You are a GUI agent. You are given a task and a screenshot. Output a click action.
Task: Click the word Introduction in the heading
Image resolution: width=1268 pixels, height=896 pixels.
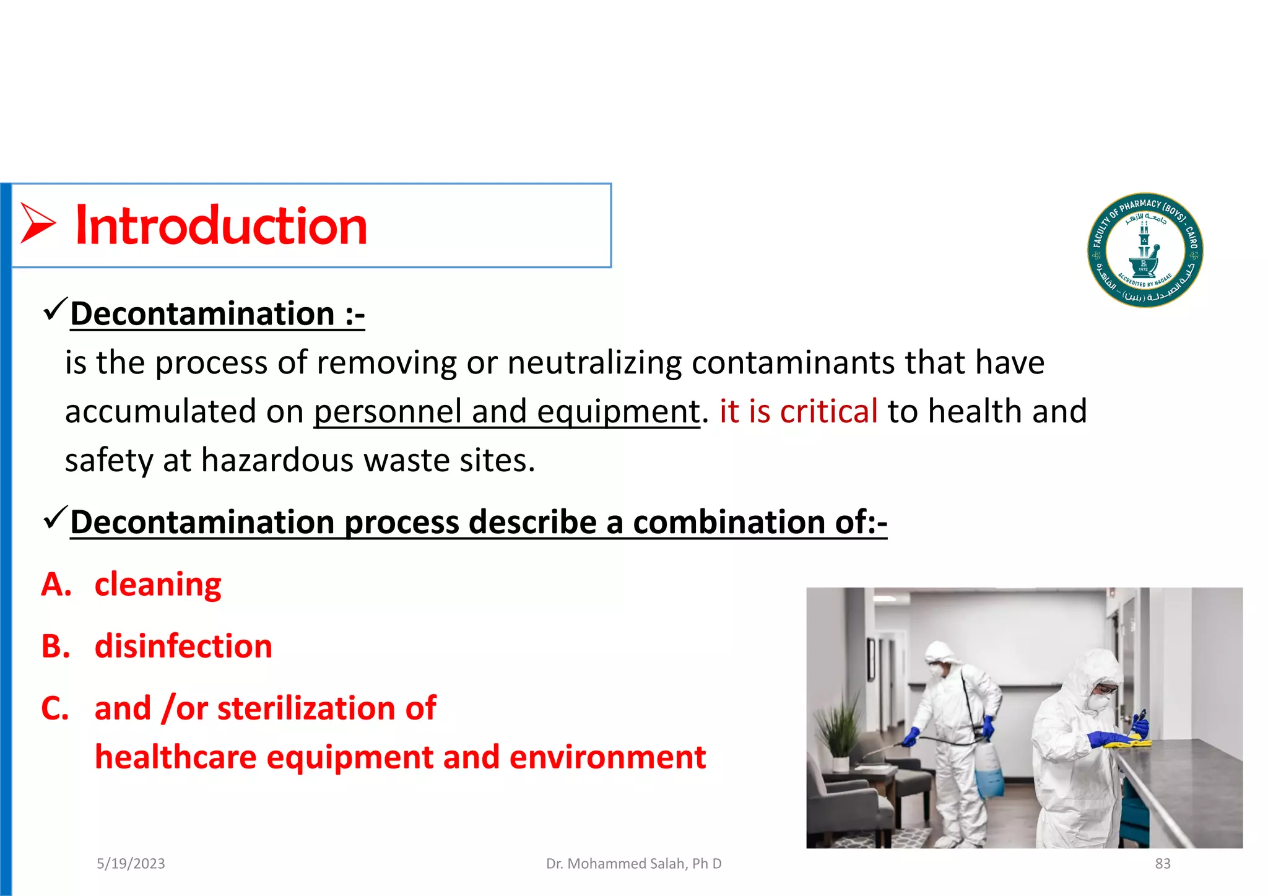pyautogui.click(x=221, y=226)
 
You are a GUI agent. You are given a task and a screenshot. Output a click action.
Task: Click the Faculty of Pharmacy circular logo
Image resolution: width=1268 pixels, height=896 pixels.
pyautogui.click(x=1145, y=250)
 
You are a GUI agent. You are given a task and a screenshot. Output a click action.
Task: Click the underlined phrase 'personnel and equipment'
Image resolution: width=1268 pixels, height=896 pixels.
pyautogui.click(x=506, y=412)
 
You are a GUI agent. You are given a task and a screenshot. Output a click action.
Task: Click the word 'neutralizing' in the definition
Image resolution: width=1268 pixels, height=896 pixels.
pyautogui.click(x=594, y=363)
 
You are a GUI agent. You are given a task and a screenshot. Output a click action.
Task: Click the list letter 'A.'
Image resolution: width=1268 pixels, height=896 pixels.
pyautogui.click(x=56, y=585)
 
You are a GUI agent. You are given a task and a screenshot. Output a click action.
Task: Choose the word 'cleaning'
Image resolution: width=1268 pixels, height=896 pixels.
pyautogui.click(x=158, y=585)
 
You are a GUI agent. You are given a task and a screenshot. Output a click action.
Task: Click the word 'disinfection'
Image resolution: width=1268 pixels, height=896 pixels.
pyautogui.click(x=183, y=646)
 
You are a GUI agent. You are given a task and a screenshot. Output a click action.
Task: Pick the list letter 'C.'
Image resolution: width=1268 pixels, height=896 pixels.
pyautogui.click(x=55, y=708)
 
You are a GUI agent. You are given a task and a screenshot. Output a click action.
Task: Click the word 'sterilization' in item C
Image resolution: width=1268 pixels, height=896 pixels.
pyautogui.click(x=306, y=708)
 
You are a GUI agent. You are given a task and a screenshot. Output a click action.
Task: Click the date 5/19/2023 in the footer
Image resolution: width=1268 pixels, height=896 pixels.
pyautogui.click(x=131, y=864)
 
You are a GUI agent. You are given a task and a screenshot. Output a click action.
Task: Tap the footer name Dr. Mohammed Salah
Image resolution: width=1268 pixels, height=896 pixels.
pyautogui.click(x=633, y=864)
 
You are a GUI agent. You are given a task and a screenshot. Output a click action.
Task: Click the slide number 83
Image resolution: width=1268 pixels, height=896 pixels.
pyautogui.click(x=1162, y=864)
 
